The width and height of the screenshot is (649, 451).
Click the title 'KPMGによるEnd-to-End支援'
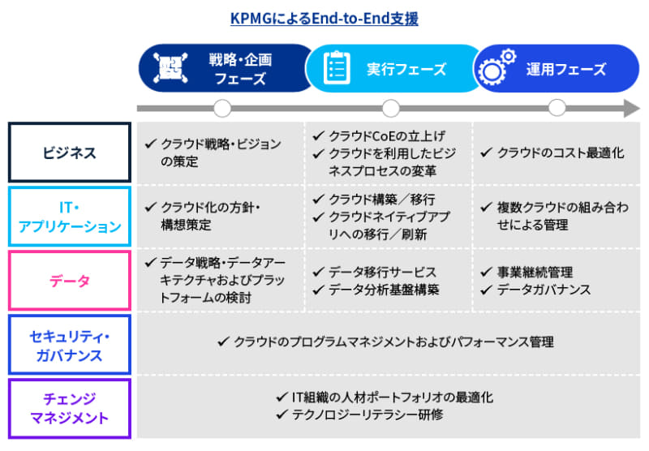324,19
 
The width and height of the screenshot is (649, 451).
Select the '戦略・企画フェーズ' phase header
226,68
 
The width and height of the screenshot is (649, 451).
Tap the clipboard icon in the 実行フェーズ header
337,67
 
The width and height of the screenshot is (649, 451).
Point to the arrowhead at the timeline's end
632,109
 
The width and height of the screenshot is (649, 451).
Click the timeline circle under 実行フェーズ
391,109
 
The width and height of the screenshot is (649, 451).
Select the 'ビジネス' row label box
70,152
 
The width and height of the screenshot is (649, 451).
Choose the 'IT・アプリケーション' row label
70,217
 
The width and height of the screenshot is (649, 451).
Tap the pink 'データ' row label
70,281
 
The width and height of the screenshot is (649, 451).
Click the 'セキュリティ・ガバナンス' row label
70,345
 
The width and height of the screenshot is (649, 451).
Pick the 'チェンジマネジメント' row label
70,408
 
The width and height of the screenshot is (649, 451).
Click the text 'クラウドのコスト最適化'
561,152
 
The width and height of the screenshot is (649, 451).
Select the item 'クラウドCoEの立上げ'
387,135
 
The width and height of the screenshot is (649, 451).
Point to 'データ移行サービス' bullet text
382,272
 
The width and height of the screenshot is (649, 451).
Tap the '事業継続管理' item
535,272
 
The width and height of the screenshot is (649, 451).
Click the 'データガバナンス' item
544,290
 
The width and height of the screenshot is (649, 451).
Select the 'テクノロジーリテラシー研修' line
367,414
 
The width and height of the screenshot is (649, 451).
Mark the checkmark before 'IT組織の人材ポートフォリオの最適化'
282,397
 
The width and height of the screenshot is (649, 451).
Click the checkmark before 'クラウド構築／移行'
318,200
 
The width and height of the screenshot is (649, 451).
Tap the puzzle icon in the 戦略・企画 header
170,67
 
